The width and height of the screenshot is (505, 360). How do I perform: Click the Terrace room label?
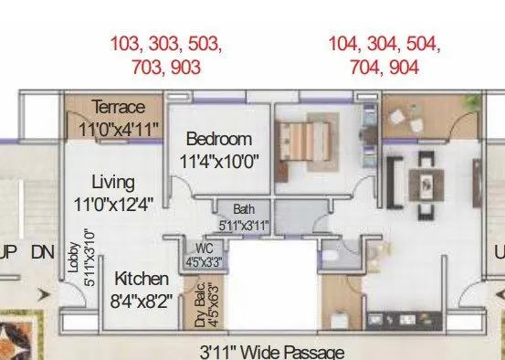[119, 108]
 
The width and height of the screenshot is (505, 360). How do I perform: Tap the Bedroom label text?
[218, 140]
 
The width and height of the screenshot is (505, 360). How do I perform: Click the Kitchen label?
[142, 279]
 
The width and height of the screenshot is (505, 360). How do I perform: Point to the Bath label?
[244, 209]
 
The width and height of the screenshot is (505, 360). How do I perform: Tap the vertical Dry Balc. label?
[201, 303]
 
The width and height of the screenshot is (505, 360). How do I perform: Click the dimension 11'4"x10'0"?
[219, 161]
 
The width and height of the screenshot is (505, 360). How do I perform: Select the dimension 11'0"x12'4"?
[115, 202]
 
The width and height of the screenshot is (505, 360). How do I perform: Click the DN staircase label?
[42, 251]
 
